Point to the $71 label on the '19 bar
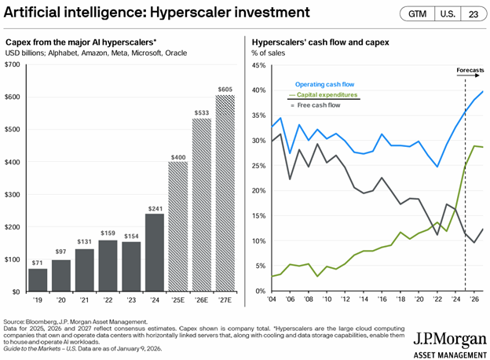(38, 261)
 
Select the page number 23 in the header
(472, 14)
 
